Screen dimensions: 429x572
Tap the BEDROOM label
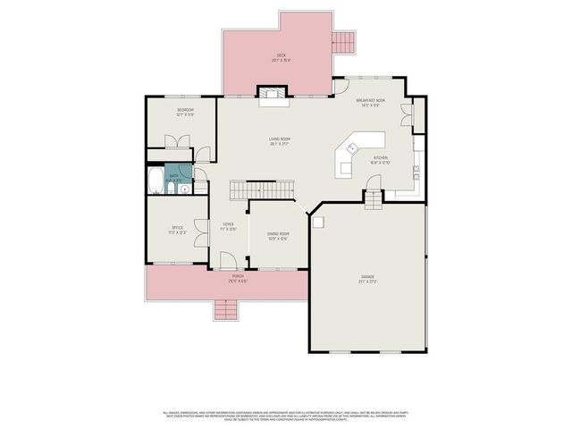(185, 111)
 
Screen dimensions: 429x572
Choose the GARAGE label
(367, 278)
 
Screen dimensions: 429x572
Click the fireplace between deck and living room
(272, 93)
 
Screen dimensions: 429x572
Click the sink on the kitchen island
(354, 147)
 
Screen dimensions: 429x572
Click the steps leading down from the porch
(226, 309)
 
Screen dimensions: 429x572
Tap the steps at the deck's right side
(343, 41)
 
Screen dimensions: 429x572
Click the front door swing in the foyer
(227, 260)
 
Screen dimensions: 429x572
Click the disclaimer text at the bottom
(286, 416)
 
